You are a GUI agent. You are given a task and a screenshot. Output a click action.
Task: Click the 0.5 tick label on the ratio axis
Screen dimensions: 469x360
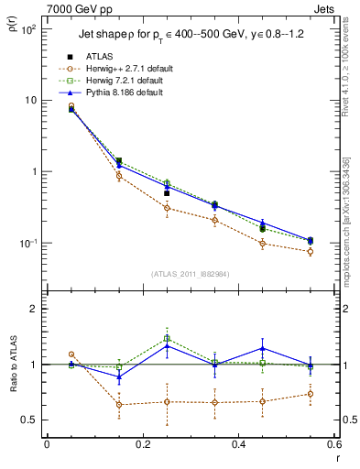[31, 420]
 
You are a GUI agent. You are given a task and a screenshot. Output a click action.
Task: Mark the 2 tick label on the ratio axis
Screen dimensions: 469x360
[35, 309]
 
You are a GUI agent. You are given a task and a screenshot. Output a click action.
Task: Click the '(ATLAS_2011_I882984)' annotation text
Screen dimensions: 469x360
[190, 274]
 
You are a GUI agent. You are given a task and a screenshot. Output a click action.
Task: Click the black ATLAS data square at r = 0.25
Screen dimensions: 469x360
[167, 193]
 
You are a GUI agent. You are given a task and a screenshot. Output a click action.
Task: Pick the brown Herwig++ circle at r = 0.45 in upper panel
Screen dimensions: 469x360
[262, 244]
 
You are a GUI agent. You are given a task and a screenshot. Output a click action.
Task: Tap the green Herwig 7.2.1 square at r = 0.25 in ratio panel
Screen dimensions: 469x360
[167, 339]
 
